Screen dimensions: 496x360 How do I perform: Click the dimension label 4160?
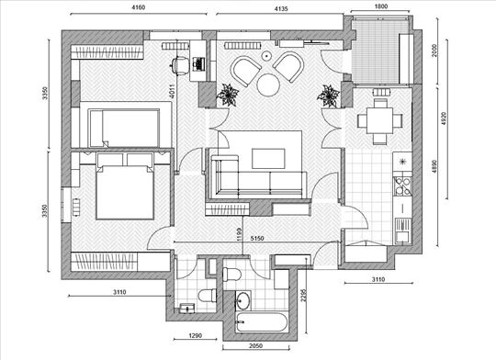(138, 7)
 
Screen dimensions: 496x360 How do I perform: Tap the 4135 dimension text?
(281, 9)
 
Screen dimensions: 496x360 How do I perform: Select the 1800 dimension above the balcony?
(381, 6)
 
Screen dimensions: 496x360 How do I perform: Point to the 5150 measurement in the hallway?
(257, 239)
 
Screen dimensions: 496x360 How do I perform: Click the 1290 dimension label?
(195, 335)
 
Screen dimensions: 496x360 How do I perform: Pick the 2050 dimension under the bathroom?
(255, 345)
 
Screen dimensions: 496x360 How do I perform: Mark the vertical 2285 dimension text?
(304, 295)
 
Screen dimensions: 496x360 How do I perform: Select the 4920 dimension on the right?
(444, 118)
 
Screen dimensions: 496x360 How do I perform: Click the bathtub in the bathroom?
(262, 322)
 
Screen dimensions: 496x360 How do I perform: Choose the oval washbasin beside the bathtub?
(242, 300)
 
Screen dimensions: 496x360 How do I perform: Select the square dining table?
(379, 120)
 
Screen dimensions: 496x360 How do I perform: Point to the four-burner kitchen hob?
(402, 186)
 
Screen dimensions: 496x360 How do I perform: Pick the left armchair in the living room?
(245, 71)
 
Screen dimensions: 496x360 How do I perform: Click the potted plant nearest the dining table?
(328, 96)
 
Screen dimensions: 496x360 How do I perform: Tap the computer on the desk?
(198, 63)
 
